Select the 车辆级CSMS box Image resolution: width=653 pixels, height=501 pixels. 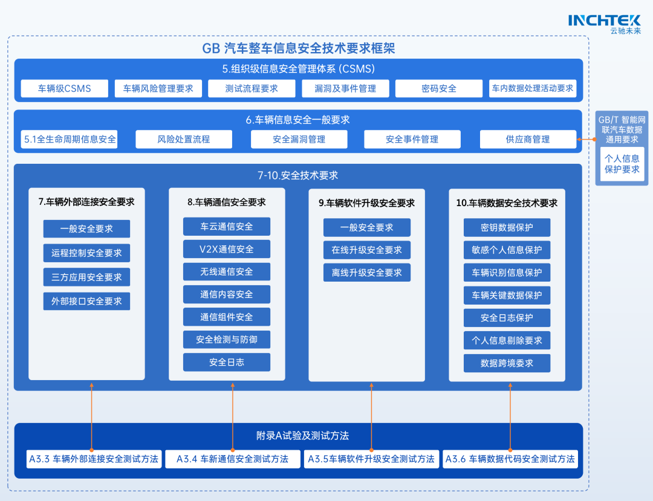pos(65,88)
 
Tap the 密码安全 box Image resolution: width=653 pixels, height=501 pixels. pos(439,88)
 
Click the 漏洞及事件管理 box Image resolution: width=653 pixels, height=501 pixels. pos(345,88)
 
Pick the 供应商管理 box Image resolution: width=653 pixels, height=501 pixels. pos(528,139)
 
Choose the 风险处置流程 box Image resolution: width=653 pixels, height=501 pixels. pos(184,139)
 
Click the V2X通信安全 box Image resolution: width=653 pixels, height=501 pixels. pos(227,249)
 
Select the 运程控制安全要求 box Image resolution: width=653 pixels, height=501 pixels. pos(86,253)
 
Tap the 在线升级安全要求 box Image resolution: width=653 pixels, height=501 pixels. pos(367,250)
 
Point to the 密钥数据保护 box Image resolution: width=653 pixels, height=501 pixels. pos(507,227)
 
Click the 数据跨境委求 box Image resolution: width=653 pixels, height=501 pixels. pos(507,363)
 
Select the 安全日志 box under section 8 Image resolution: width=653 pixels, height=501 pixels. pos(227,362)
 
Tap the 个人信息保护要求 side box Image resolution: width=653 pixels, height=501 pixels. pos(622,164)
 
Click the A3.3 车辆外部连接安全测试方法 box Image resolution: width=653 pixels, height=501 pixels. pos(94,459)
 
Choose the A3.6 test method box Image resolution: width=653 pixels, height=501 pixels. pos(510,459)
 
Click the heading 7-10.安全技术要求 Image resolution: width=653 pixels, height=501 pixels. pos(298,175)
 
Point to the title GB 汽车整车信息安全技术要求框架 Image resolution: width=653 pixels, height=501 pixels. pos(298,48)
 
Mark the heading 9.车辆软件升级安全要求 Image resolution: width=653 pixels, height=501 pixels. pos(367,203)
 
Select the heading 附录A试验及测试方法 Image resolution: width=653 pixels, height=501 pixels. pos(298,435)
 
